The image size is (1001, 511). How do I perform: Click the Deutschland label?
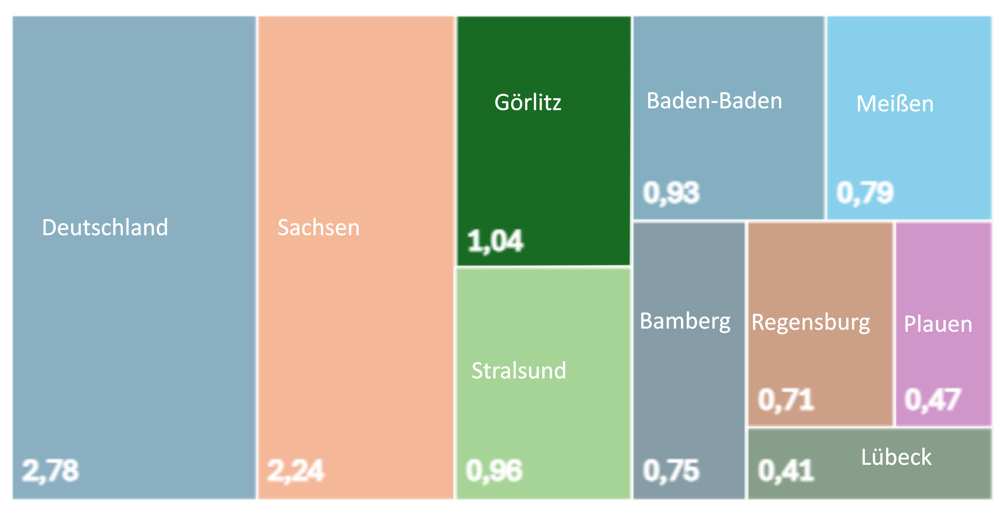click(105, 227)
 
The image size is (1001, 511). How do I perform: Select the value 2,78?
click(50, 471)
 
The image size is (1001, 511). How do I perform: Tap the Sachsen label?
click(319, 227)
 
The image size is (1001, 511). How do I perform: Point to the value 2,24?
click(295, 471)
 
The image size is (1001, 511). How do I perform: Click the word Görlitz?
click(528, 103)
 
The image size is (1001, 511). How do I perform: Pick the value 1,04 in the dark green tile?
click(495, 241)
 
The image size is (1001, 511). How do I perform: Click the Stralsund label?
click(519, 370)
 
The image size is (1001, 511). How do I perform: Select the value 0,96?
click(494, 471)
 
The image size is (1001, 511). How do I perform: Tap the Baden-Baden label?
click(714, 101)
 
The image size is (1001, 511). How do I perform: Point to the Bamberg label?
click(685, 321)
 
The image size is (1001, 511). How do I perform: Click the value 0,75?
click(671, 471)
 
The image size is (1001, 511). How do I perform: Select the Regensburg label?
click(811, 323)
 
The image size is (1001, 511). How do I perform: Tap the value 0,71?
click(786, 399)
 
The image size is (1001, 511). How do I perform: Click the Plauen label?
click(938, 324)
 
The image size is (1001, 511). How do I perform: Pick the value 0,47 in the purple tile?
click(933, 399)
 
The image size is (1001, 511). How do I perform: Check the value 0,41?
click(786, 471)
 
